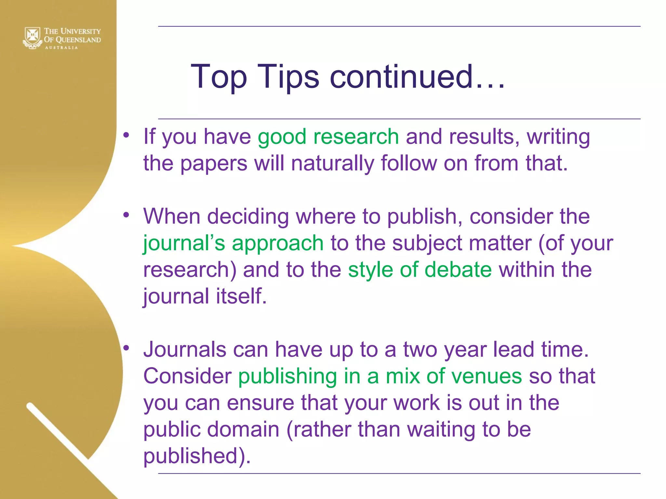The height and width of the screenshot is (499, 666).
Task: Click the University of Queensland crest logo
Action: pos(32,37)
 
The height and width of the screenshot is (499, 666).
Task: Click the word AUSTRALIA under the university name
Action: pos(61,48)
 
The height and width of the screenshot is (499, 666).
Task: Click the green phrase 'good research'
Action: pos(328,136)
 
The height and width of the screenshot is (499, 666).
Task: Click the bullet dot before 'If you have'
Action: pos(127,135)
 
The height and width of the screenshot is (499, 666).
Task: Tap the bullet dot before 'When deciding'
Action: pos(127,215)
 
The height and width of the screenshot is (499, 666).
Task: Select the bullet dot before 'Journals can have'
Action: pos(127,348)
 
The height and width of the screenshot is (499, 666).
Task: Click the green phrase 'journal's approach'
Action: pos(233,243)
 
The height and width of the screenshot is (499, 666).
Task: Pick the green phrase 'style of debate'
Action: pos(420,270)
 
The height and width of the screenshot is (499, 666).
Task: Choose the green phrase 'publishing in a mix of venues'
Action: pos(380,376)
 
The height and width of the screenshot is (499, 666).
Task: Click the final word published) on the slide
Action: pos(197,456)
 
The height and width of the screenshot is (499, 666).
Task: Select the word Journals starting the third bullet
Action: pos(185,350)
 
